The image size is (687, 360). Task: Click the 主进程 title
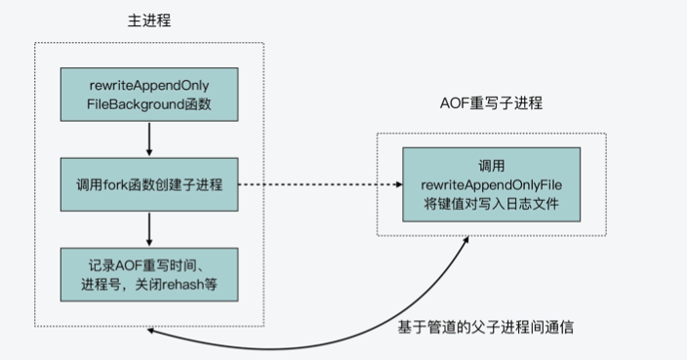(149, 20)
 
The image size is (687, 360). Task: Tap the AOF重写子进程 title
(491, 102)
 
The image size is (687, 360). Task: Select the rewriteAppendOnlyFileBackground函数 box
(149, 95)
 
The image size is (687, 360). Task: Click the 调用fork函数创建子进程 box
(149, 184)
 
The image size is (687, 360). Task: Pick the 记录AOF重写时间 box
(149, 274)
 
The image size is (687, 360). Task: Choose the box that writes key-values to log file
(491, 184)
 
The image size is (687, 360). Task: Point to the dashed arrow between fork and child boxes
(320, 184)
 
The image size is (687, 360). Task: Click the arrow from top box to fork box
(149, 140)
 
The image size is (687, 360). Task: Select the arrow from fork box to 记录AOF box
(149, 229)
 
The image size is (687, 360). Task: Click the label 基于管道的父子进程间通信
(485, 327)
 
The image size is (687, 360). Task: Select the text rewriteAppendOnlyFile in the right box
(491, 184)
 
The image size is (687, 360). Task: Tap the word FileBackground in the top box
(136, 104)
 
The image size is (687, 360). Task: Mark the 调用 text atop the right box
(491, 166)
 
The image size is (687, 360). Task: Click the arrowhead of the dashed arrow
(399, 184)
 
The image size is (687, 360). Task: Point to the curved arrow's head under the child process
(465, 240)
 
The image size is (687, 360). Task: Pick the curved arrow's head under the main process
(150, 331)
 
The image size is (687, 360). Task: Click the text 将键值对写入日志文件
(491, 204)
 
